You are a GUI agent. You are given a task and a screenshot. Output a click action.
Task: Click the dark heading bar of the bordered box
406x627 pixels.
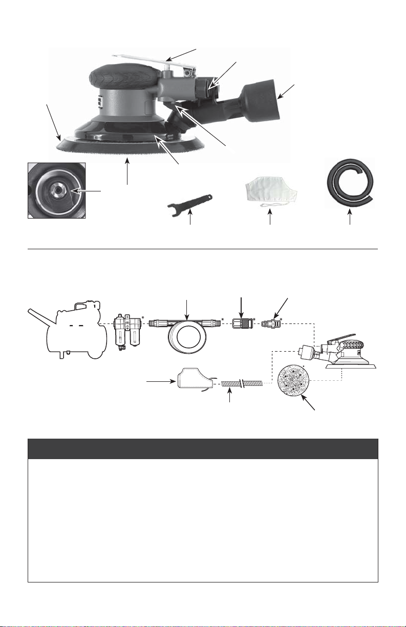point(203,449)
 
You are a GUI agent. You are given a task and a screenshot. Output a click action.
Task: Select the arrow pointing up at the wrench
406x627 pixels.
point(190,218)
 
